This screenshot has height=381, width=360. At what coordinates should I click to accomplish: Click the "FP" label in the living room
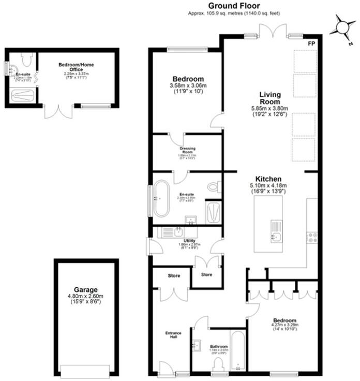[311, 43]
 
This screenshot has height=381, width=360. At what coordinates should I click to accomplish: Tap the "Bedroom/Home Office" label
[76, 67]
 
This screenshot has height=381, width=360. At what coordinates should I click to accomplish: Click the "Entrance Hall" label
[172, 334]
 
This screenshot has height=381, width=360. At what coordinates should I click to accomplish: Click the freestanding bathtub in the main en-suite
[160, 198]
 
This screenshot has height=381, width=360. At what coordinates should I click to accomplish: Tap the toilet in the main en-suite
[213, 186]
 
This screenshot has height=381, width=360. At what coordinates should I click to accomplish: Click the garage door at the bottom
[85, 370]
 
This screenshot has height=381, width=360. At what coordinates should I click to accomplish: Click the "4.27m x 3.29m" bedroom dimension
[286, 325]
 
